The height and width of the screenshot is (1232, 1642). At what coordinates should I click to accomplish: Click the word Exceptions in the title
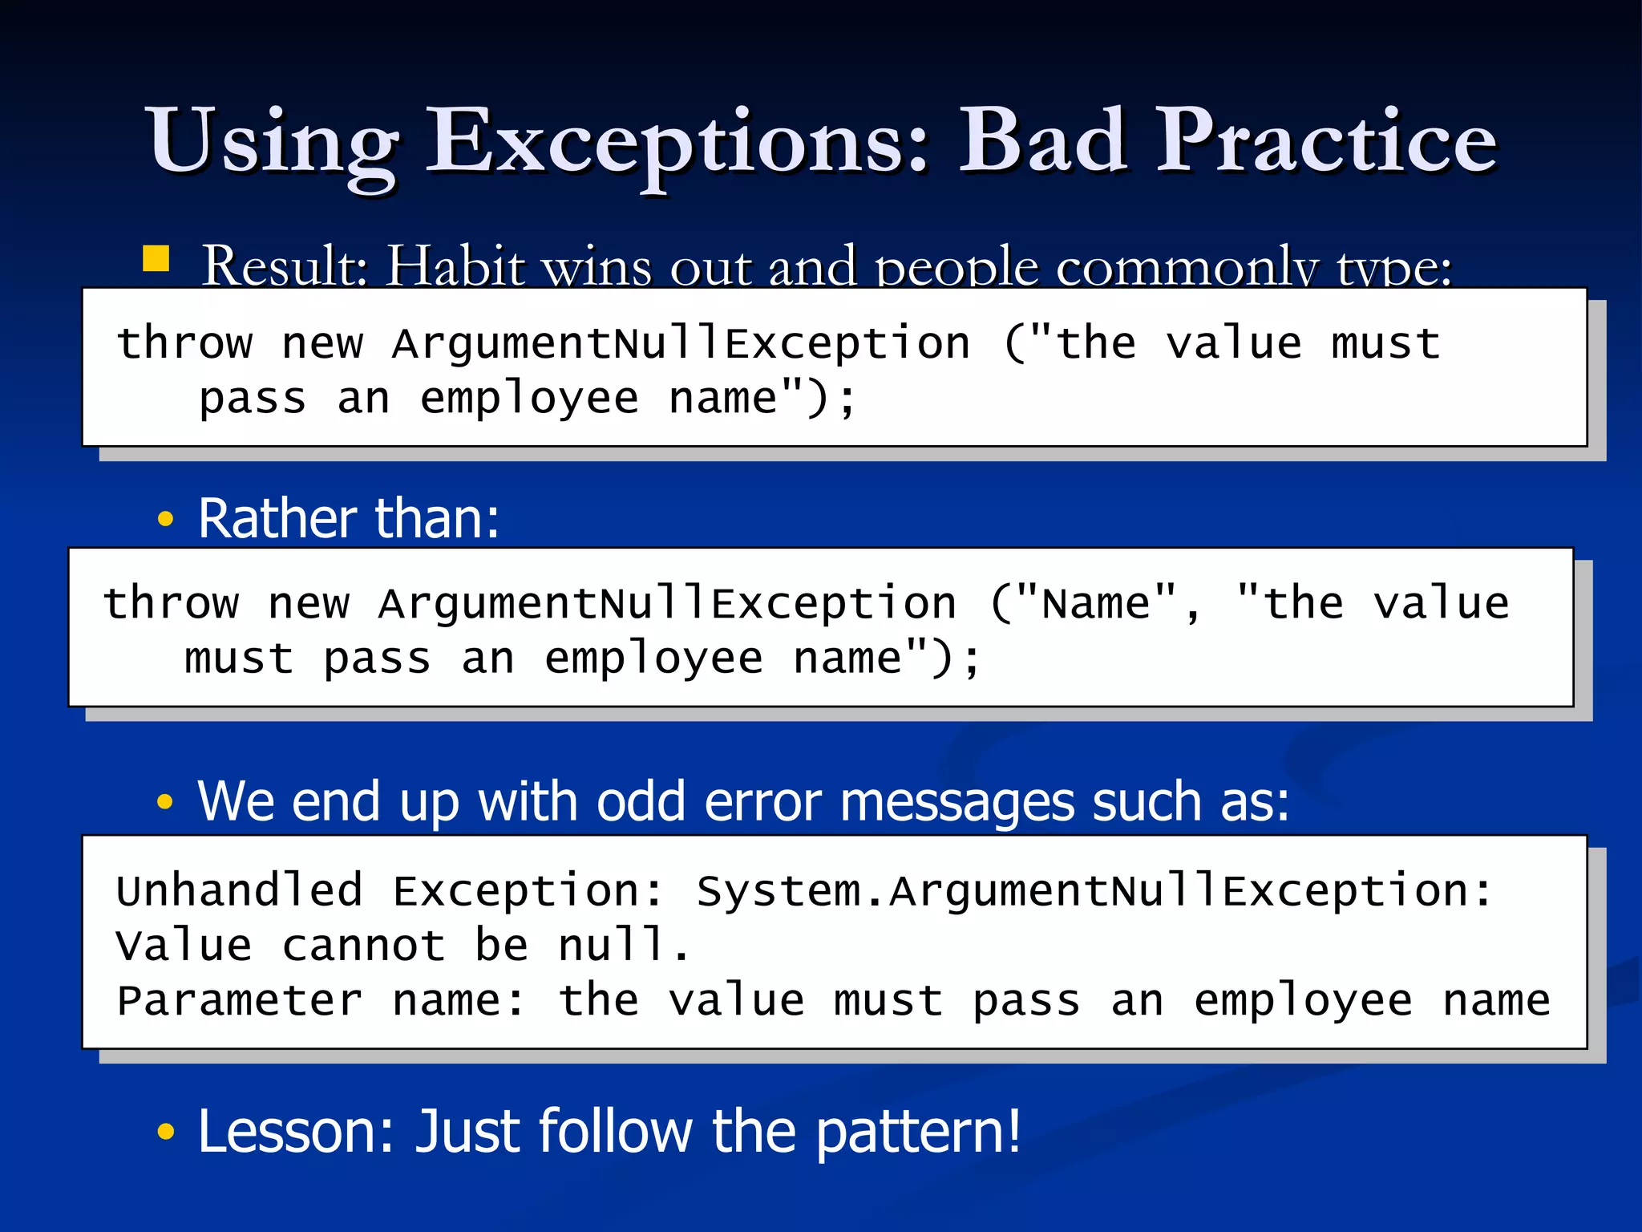(676, 143)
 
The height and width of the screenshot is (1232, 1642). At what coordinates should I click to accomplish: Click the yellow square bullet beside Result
(156, 259)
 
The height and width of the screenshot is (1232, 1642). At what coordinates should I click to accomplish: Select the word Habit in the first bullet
(455, 266)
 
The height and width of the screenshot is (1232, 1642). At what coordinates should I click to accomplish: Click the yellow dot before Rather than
(165, 519)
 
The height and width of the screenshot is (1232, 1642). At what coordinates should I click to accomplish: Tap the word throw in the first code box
(185, 344)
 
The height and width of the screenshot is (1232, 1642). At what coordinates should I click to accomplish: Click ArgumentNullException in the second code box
(667, 603)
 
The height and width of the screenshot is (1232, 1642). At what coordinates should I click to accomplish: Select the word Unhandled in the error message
(239, 890)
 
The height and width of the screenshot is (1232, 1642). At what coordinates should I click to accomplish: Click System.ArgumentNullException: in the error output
(1094, 890)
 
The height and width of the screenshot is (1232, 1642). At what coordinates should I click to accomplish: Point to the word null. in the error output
(624, 945)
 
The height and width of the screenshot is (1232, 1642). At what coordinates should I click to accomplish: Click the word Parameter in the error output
(239, 1000)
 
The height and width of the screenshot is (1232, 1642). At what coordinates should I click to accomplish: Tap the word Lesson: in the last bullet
(296, 1131)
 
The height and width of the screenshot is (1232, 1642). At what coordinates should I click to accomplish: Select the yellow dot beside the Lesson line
(165, 1132)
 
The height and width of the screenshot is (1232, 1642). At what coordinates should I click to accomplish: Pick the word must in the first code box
(1385, 344)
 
